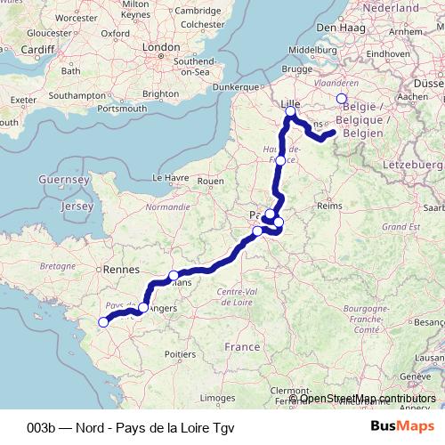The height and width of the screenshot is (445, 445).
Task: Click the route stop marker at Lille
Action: pyautogui.click(x=289, y=112)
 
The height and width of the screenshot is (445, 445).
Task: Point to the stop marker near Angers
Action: pyautogui.click(x=143, y=307)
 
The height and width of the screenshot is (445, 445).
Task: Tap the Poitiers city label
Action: pyautogui.click(x=180, y=353)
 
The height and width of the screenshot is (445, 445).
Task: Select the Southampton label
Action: pyautogui.click(x=77, y=94)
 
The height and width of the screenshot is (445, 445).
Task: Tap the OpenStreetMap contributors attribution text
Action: pyautogui.click(x=374, y=399)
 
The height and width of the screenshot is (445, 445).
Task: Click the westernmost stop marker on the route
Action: pyautogui.click(x=102, y=322)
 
